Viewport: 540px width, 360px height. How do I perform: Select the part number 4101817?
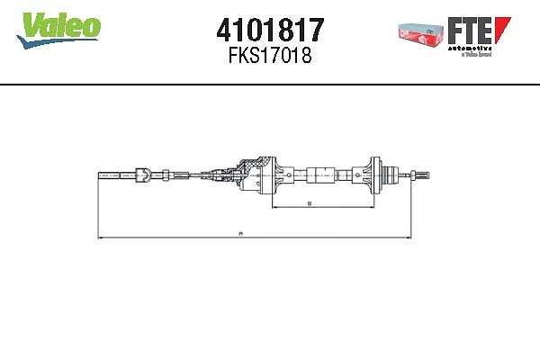(270, 29)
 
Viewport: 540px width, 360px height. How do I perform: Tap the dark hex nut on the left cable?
(140, 173)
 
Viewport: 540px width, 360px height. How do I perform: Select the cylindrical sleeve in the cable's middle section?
(319, 174)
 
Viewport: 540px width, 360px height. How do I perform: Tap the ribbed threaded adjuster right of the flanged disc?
(389, 174)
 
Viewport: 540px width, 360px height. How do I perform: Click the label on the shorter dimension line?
(309, 204)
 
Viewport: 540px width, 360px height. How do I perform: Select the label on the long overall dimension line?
(240, 234)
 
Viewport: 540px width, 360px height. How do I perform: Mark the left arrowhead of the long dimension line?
(99, 238)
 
